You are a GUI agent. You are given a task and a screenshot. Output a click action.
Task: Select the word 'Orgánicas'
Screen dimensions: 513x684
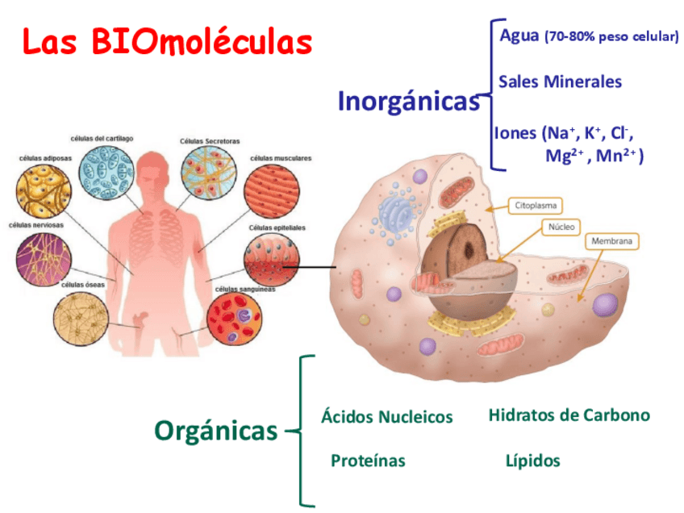click(215, 431)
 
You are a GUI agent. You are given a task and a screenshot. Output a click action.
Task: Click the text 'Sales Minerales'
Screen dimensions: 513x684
click(560, 81)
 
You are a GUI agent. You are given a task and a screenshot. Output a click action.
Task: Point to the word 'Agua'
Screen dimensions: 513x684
click(519, 35)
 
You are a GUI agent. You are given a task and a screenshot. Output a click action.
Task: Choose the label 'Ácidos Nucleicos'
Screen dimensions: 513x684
click(386, 417)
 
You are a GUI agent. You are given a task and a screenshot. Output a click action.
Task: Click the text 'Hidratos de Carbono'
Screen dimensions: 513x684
click(569, 415)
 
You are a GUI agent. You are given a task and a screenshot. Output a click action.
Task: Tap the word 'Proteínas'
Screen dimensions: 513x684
click(368, 461)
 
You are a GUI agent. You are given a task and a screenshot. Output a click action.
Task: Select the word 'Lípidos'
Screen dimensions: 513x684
click(532, 461)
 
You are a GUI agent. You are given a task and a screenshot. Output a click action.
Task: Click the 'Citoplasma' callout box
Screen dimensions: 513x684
click(536, 206)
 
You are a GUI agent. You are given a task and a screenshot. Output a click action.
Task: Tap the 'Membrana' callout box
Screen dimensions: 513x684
click(611, 241)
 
